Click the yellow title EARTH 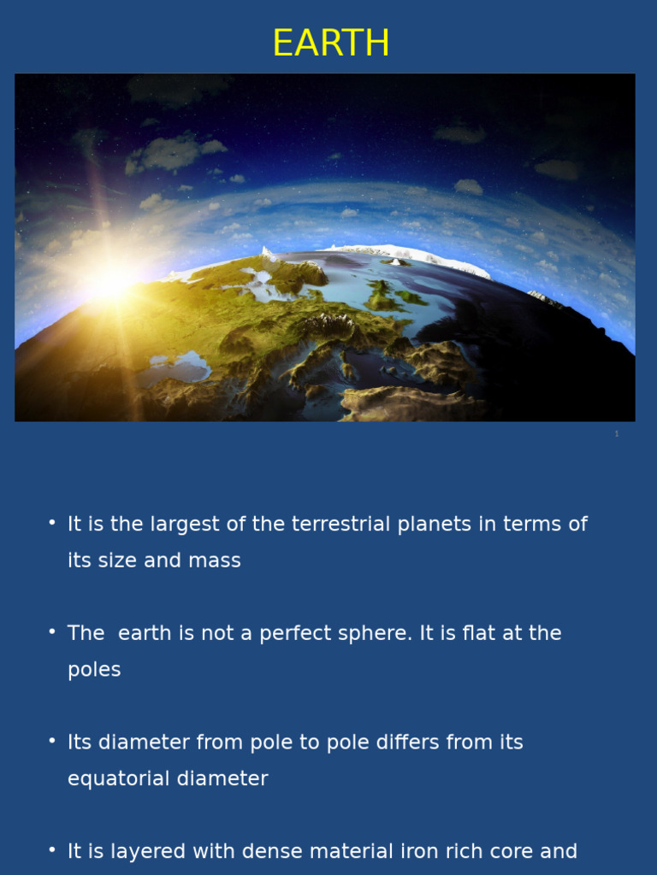pos(331,43)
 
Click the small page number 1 pos(617,433)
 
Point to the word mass pos(215,561)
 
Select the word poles pos(94,670)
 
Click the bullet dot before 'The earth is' pos(52,631)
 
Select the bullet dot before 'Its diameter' pos(52,741)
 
